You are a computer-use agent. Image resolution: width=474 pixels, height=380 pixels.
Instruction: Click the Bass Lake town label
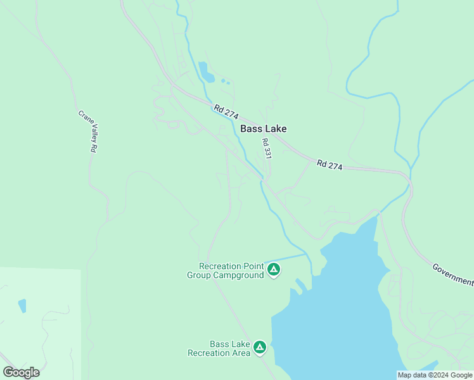(263, 129)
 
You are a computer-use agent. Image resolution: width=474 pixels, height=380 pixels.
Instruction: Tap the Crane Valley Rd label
(87, 132)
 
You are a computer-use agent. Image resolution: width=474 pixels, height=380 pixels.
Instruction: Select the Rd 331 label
(267, 148)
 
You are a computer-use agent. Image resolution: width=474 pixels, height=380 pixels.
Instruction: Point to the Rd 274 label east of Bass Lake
(330, 165)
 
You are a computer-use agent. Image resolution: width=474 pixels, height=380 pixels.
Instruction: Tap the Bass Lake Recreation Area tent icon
(259, 348)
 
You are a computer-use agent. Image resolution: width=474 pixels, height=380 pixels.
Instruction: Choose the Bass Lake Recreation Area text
(219, 348)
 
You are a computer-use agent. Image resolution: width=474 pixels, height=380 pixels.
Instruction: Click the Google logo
(21, 372)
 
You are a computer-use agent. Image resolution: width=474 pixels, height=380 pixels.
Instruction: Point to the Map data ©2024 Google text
(435, 375)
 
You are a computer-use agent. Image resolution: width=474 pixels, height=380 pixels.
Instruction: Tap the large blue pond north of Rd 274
(205, 72)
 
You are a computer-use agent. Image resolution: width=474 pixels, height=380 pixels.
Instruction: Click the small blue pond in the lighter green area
(23, 306)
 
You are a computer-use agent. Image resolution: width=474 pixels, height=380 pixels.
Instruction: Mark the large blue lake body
(342, 304)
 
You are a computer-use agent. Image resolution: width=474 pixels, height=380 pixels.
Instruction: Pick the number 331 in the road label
(267, 152)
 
